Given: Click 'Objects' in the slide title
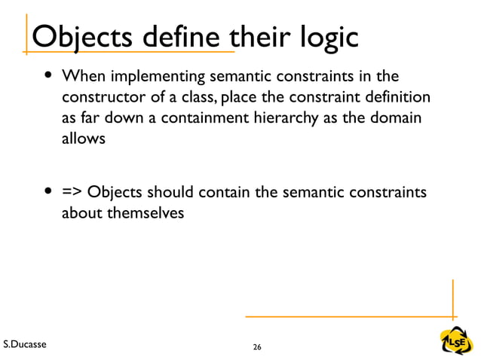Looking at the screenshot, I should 81,37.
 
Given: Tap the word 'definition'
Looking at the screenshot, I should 400,98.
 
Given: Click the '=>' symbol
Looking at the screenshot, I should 72,193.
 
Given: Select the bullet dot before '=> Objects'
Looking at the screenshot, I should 49,193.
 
